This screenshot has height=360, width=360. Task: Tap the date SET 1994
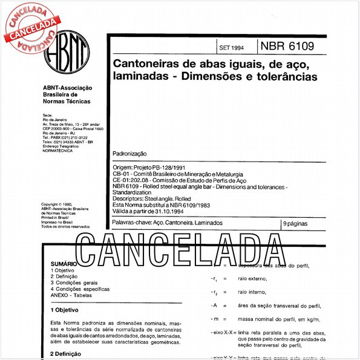[233, 48]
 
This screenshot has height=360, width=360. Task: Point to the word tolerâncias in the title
[287, 77]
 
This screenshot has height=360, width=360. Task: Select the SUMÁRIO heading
[64, 264]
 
